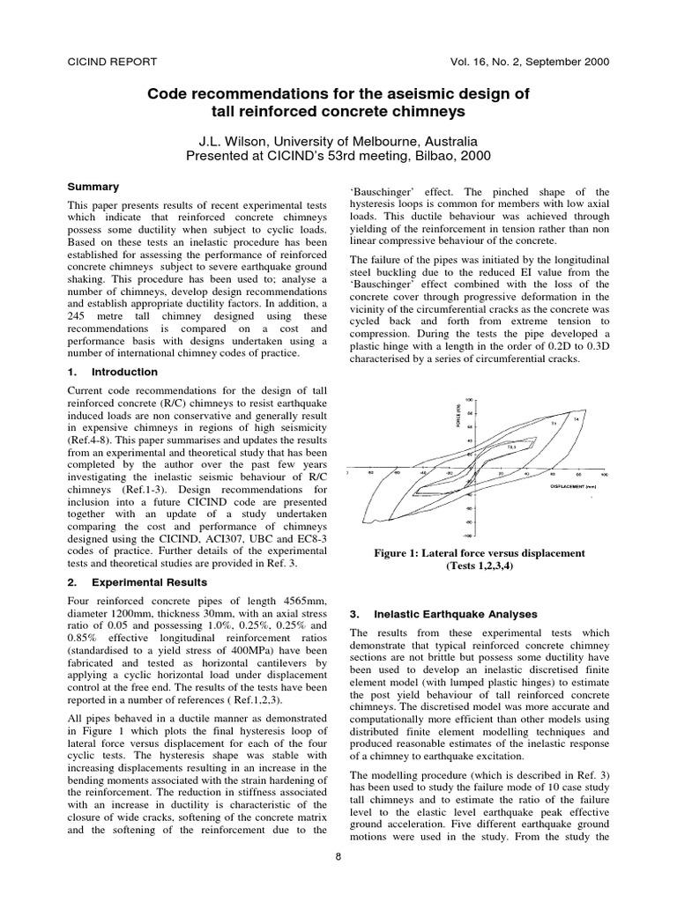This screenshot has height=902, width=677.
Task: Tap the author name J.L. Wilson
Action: pos(239,141)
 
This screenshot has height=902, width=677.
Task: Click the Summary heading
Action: pos(93,187)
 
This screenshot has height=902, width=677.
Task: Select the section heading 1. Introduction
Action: pos(113,372)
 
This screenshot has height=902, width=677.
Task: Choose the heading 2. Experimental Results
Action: pos(138,582)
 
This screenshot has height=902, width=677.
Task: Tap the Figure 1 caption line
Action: pos(479,553)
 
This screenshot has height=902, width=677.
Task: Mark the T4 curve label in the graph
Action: pos(577,418)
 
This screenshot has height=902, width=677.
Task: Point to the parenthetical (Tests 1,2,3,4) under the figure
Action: pos(479,567)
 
